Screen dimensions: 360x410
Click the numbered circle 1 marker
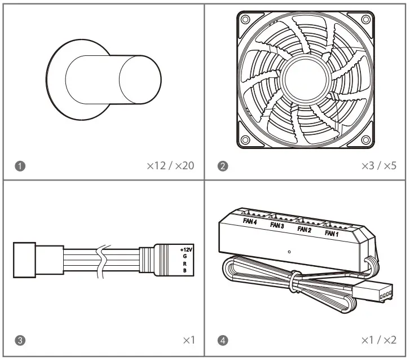click(x=21, y=166)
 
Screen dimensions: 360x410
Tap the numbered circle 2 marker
click(x=224, y=166)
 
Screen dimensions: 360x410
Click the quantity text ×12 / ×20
click(x=170, y=166)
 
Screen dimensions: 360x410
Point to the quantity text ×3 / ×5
click(x=378, y=166)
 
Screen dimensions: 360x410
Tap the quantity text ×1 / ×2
click(x=378, y=340)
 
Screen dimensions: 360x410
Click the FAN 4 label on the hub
click(x=250, y=221)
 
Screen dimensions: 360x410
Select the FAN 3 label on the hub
click(x=277, y=225)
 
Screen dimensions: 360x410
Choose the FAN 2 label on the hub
click(x=305, y=229)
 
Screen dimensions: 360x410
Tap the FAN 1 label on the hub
click(x=332, y=232)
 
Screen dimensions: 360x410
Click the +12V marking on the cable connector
click(x=186, y=249)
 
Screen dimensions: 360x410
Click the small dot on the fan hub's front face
click(x=289, y=252)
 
